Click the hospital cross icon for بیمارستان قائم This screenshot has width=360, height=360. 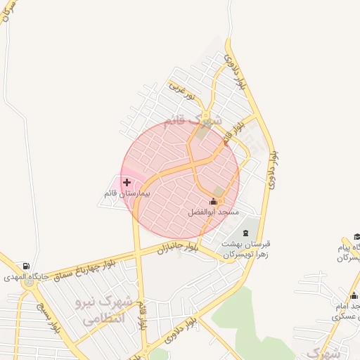coord(127,183)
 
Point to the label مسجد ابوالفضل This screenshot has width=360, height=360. coord(214,212)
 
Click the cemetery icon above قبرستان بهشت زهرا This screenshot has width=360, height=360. coord(245,233)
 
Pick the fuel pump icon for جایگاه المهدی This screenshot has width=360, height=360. coord(26,266)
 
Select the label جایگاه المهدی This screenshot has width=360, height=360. coord(27,277)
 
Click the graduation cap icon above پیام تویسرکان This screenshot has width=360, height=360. coord(356,237)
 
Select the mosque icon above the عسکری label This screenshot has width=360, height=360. coord(354,296)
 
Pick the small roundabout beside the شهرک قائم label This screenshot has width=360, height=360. coord(205,117)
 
